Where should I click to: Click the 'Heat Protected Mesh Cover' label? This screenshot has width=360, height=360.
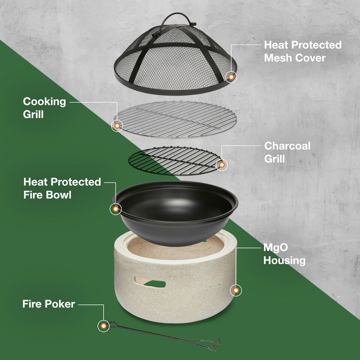click(x=303, y=51)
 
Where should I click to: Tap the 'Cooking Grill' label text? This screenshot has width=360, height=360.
click(x=44, y=108)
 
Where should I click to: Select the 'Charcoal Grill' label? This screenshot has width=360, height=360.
click(x=287, y=152)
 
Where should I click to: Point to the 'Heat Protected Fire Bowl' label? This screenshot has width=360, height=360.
click(x=62, y=188)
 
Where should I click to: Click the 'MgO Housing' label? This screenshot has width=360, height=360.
click(x=285, y=254)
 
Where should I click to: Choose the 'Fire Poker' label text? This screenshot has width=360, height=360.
click(x=49, y=304)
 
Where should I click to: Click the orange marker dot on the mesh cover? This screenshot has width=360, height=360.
click(x=231, y=77)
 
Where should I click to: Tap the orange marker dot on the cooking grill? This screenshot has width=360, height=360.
click(x=117, y=126)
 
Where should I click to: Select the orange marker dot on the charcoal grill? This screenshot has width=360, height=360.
click(x=222, y=165)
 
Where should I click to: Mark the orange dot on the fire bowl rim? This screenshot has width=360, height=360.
click(x=115, y=209)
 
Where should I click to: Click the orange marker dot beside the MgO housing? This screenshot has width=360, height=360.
click(x=236, y=290)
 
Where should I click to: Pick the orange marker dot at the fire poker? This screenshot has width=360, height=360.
click(x=103, y=326)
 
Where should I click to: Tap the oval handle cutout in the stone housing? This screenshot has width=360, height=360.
click(x=150, y=283)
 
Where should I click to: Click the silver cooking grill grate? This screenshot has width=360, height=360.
click(x=175, y=119)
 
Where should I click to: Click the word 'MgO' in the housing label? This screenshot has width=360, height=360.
click(x=276, y=247)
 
